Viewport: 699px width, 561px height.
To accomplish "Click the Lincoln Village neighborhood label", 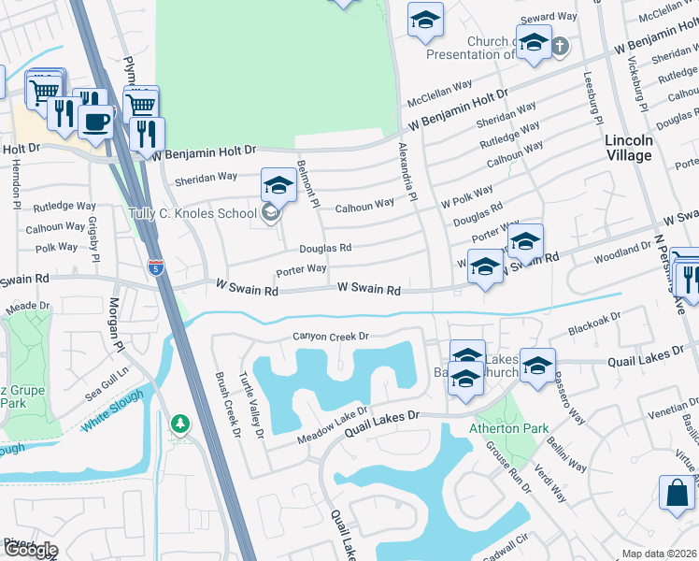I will pos(628,148).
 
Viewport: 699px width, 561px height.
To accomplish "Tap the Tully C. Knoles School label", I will pos(192,213).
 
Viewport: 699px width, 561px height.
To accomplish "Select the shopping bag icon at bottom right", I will pos(677,492).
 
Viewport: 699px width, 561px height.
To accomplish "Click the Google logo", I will pos(30,549).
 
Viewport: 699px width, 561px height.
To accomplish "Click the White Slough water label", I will pos(112,410).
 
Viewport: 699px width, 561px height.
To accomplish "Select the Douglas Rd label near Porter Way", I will pos(325,248).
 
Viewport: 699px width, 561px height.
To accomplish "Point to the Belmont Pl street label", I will pos(308,182).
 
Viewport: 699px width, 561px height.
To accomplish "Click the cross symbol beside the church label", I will pos(560,45).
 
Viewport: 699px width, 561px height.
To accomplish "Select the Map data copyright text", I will pos(659,554).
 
